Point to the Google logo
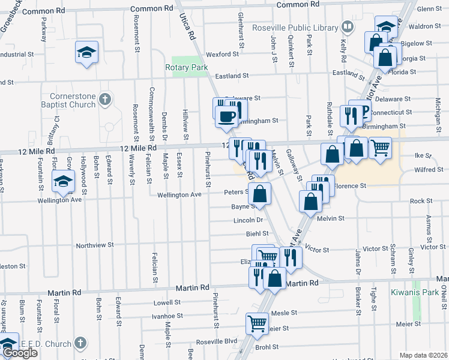[20, 353]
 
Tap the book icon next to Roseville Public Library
[347, 26]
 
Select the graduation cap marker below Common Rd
[87, 52]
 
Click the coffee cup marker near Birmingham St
[226, 116]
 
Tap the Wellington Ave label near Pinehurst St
[179, 194]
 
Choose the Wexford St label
[223, 54]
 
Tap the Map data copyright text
[423, 355]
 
